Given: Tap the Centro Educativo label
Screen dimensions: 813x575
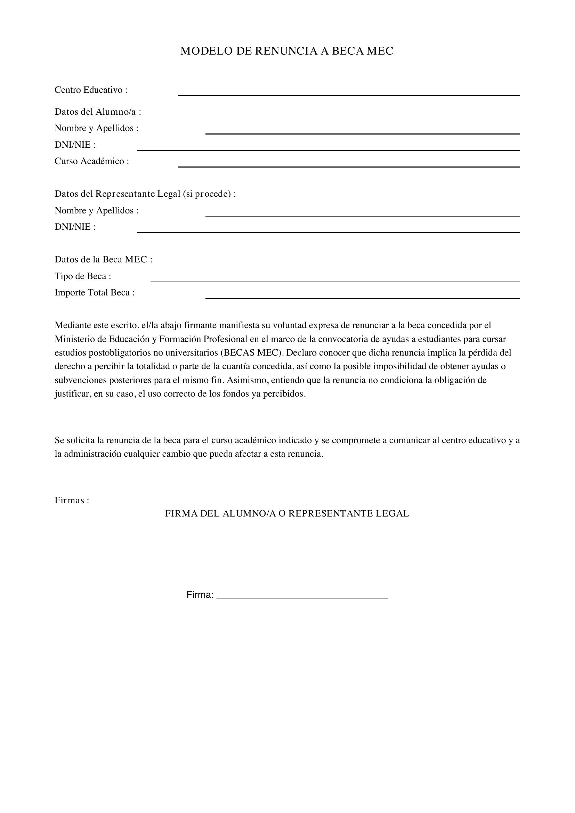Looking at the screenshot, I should tap(91, 90).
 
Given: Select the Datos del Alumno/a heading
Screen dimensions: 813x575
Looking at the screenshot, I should tap(98, 112).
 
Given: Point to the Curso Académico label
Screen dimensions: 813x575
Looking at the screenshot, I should tap(92, 162).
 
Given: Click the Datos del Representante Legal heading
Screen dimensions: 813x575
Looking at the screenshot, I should tap(145, 194).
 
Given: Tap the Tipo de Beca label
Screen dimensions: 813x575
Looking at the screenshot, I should tap(83, 276).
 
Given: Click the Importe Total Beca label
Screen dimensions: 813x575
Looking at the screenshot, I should tap(95, 293).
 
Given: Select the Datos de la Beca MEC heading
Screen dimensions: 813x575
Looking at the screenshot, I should tap(103, 260).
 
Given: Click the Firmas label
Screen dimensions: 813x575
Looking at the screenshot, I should tap(72, 501).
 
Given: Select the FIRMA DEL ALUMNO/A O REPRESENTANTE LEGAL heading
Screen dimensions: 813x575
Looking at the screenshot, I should tap(287, 514).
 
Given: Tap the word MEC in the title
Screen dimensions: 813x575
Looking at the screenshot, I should tap(380, 51).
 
